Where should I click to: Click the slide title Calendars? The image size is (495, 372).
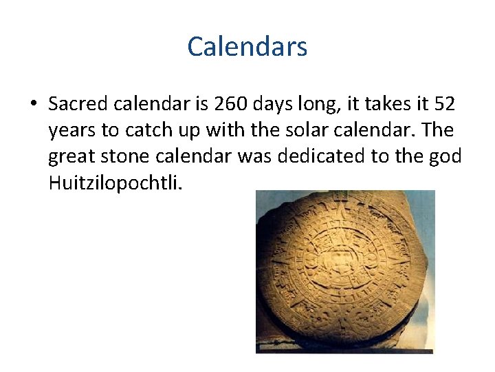point(247,47)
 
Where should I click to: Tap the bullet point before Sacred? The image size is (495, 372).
point(32,104)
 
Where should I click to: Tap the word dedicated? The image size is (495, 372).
point(319,156)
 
